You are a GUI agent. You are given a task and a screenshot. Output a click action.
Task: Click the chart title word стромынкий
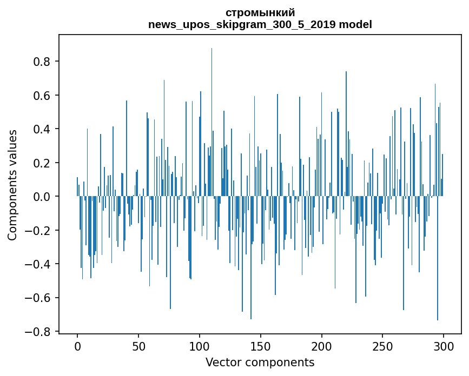tap(260, 13)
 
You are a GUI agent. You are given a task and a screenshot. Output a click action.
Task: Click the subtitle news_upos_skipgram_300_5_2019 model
tap(260, 24)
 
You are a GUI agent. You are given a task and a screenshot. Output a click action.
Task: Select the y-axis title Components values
tap(12, 185)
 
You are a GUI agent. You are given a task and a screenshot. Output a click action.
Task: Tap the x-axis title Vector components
tap(260, 362)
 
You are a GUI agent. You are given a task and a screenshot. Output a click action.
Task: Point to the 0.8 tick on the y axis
tap(43, 62)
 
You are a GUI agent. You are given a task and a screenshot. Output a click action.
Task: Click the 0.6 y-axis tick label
tap(43, 96)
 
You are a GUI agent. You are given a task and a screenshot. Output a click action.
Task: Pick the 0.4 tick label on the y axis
tap(43, 129)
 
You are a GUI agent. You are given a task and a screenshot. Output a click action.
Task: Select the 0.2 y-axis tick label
tap(43, 163)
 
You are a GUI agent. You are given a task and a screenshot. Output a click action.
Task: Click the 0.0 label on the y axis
tap(43, 197)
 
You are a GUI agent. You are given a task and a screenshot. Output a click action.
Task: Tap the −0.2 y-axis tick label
tap(39, 231)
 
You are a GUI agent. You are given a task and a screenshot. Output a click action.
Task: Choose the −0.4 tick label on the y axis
tap(39, 264)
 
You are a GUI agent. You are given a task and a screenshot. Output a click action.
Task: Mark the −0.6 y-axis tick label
tap(39, 298)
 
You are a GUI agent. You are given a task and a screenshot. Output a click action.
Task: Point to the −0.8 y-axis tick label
tap(39, 332)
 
